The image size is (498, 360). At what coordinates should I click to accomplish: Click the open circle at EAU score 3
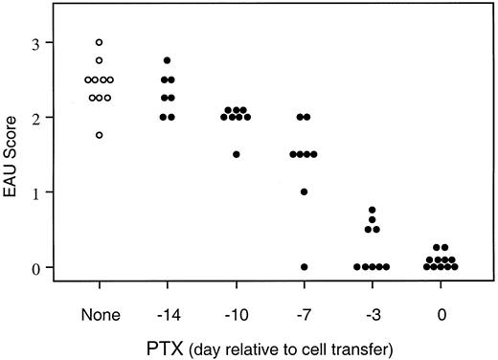pos(99,43)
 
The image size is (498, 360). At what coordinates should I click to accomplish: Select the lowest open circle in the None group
pos(99,135)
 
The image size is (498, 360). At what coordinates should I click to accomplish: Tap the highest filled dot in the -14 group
pos(168,61)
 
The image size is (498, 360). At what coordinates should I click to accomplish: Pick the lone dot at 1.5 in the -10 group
pos(236,154)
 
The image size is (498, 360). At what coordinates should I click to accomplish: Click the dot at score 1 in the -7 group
pos(304,191)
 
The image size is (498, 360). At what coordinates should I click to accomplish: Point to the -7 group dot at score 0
pos(304,267)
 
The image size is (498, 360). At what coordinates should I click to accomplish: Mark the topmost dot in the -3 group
pos(372,210)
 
